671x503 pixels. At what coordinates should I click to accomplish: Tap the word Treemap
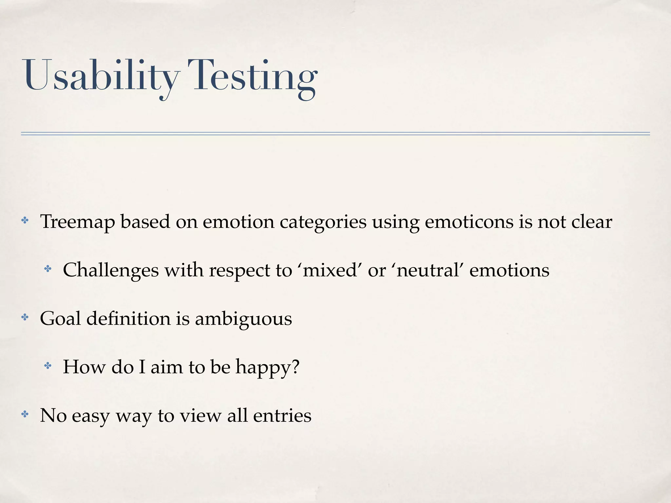[77, 222]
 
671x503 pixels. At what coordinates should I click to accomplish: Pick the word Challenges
[111, 270]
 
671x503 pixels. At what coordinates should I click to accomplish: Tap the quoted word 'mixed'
[330, 270]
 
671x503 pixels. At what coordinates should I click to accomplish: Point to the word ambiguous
[243, 319]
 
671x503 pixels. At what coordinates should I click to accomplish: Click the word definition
[128, 318]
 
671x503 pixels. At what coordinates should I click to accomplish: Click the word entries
[282, 416]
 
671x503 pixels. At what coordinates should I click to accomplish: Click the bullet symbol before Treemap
[25, 220]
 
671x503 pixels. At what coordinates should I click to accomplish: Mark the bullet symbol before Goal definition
[25, 317]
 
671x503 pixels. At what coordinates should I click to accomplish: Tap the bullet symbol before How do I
[48, 365]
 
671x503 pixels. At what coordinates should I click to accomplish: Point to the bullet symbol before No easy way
[25, 414]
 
